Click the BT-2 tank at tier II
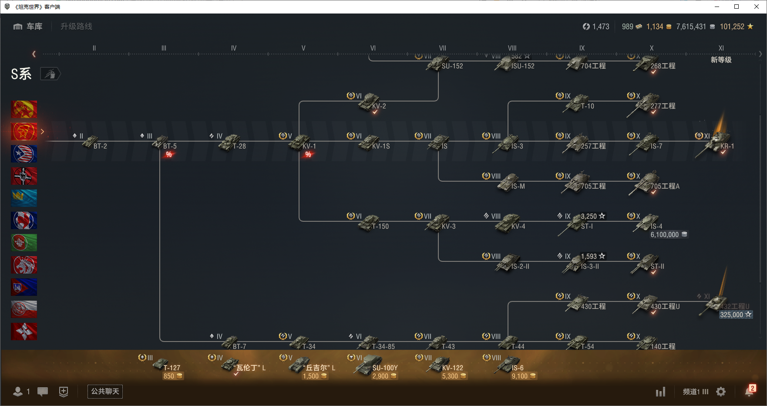pos(91,142)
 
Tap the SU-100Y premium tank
pos(367,365)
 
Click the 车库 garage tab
pos(28,27)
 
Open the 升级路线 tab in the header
pos(76,27)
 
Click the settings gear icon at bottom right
pos(721,392)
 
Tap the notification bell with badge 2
pos(749,391)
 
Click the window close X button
pos(757,7)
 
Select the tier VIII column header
pos(512,48)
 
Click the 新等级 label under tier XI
pos(721,60)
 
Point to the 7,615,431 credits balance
pos(691,27)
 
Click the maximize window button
pos(737,7)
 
